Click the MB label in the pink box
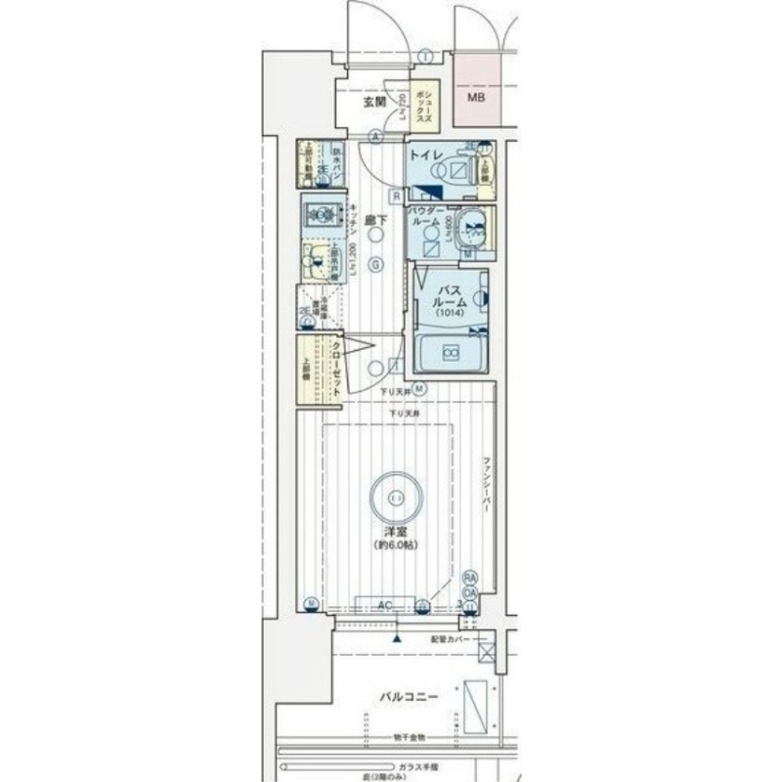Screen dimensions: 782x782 (x=476, y=98)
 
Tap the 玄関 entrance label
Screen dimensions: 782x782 (x=375, y=102)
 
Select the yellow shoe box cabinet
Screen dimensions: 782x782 (x=434, y=102)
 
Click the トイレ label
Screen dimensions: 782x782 (x=427, y=155)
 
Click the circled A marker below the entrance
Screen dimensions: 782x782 (x=375, y=137)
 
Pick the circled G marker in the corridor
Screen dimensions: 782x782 (x=375, y=263)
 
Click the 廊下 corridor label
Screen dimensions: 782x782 (x=373, y=221)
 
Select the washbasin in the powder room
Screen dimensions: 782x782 (x=474, y=230)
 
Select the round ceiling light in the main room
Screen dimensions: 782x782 (x=395, y=497)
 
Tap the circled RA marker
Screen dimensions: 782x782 (x=470, y=579)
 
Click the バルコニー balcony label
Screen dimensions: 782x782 (x=409, y=697)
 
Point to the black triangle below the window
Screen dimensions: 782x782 (x=397, y=635)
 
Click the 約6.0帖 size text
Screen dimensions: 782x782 (x=395, y=544)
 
